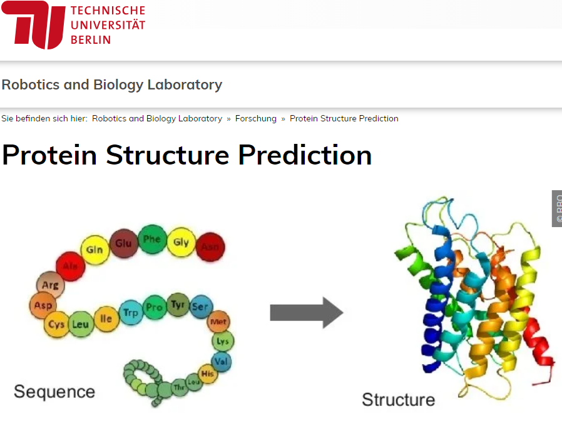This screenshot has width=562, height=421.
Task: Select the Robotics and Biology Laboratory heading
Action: click(112, 84)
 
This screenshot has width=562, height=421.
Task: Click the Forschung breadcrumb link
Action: click(255, 118)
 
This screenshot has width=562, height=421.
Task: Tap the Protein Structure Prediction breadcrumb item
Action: click(344, 118)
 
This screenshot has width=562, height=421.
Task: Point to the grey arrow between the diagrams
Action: click(306, 312)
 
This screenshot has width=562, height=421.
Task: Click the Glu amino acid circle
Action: click(124, 243)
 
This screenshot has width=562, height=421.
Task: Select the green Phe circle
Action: click(152, 240)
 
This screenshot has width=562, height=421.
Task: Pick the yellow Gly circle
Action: click(181, 242)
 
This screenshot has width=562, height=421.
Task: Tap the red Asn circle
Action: click(210, 247)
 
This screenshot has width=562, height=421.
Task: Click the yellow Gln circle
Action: click(95, 250)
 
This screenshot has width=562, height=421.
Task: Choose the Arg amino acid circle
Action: click(49, 285)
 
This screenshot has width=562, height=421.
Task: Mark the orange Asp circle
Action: click(43, 306)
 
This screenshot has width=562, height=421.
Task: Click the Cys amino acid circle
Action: click(56, 325)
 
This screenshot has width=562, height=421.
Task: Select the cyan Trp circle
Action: click(131, 312)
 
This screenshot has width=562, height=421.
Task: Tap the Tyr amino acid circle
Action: click(178, 305)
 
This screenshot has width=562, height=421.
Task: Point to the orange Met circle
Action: click(218, 322)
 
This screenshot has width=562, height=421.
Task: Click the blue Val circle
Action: click(220, 361)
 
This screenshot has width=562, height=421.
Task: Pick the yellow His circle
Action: click(208, 373)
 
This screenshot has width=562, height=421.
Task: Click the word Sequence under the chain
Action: click(54, 392)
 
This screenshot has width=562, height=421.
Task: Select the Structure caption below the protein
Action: click(398, 400)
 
